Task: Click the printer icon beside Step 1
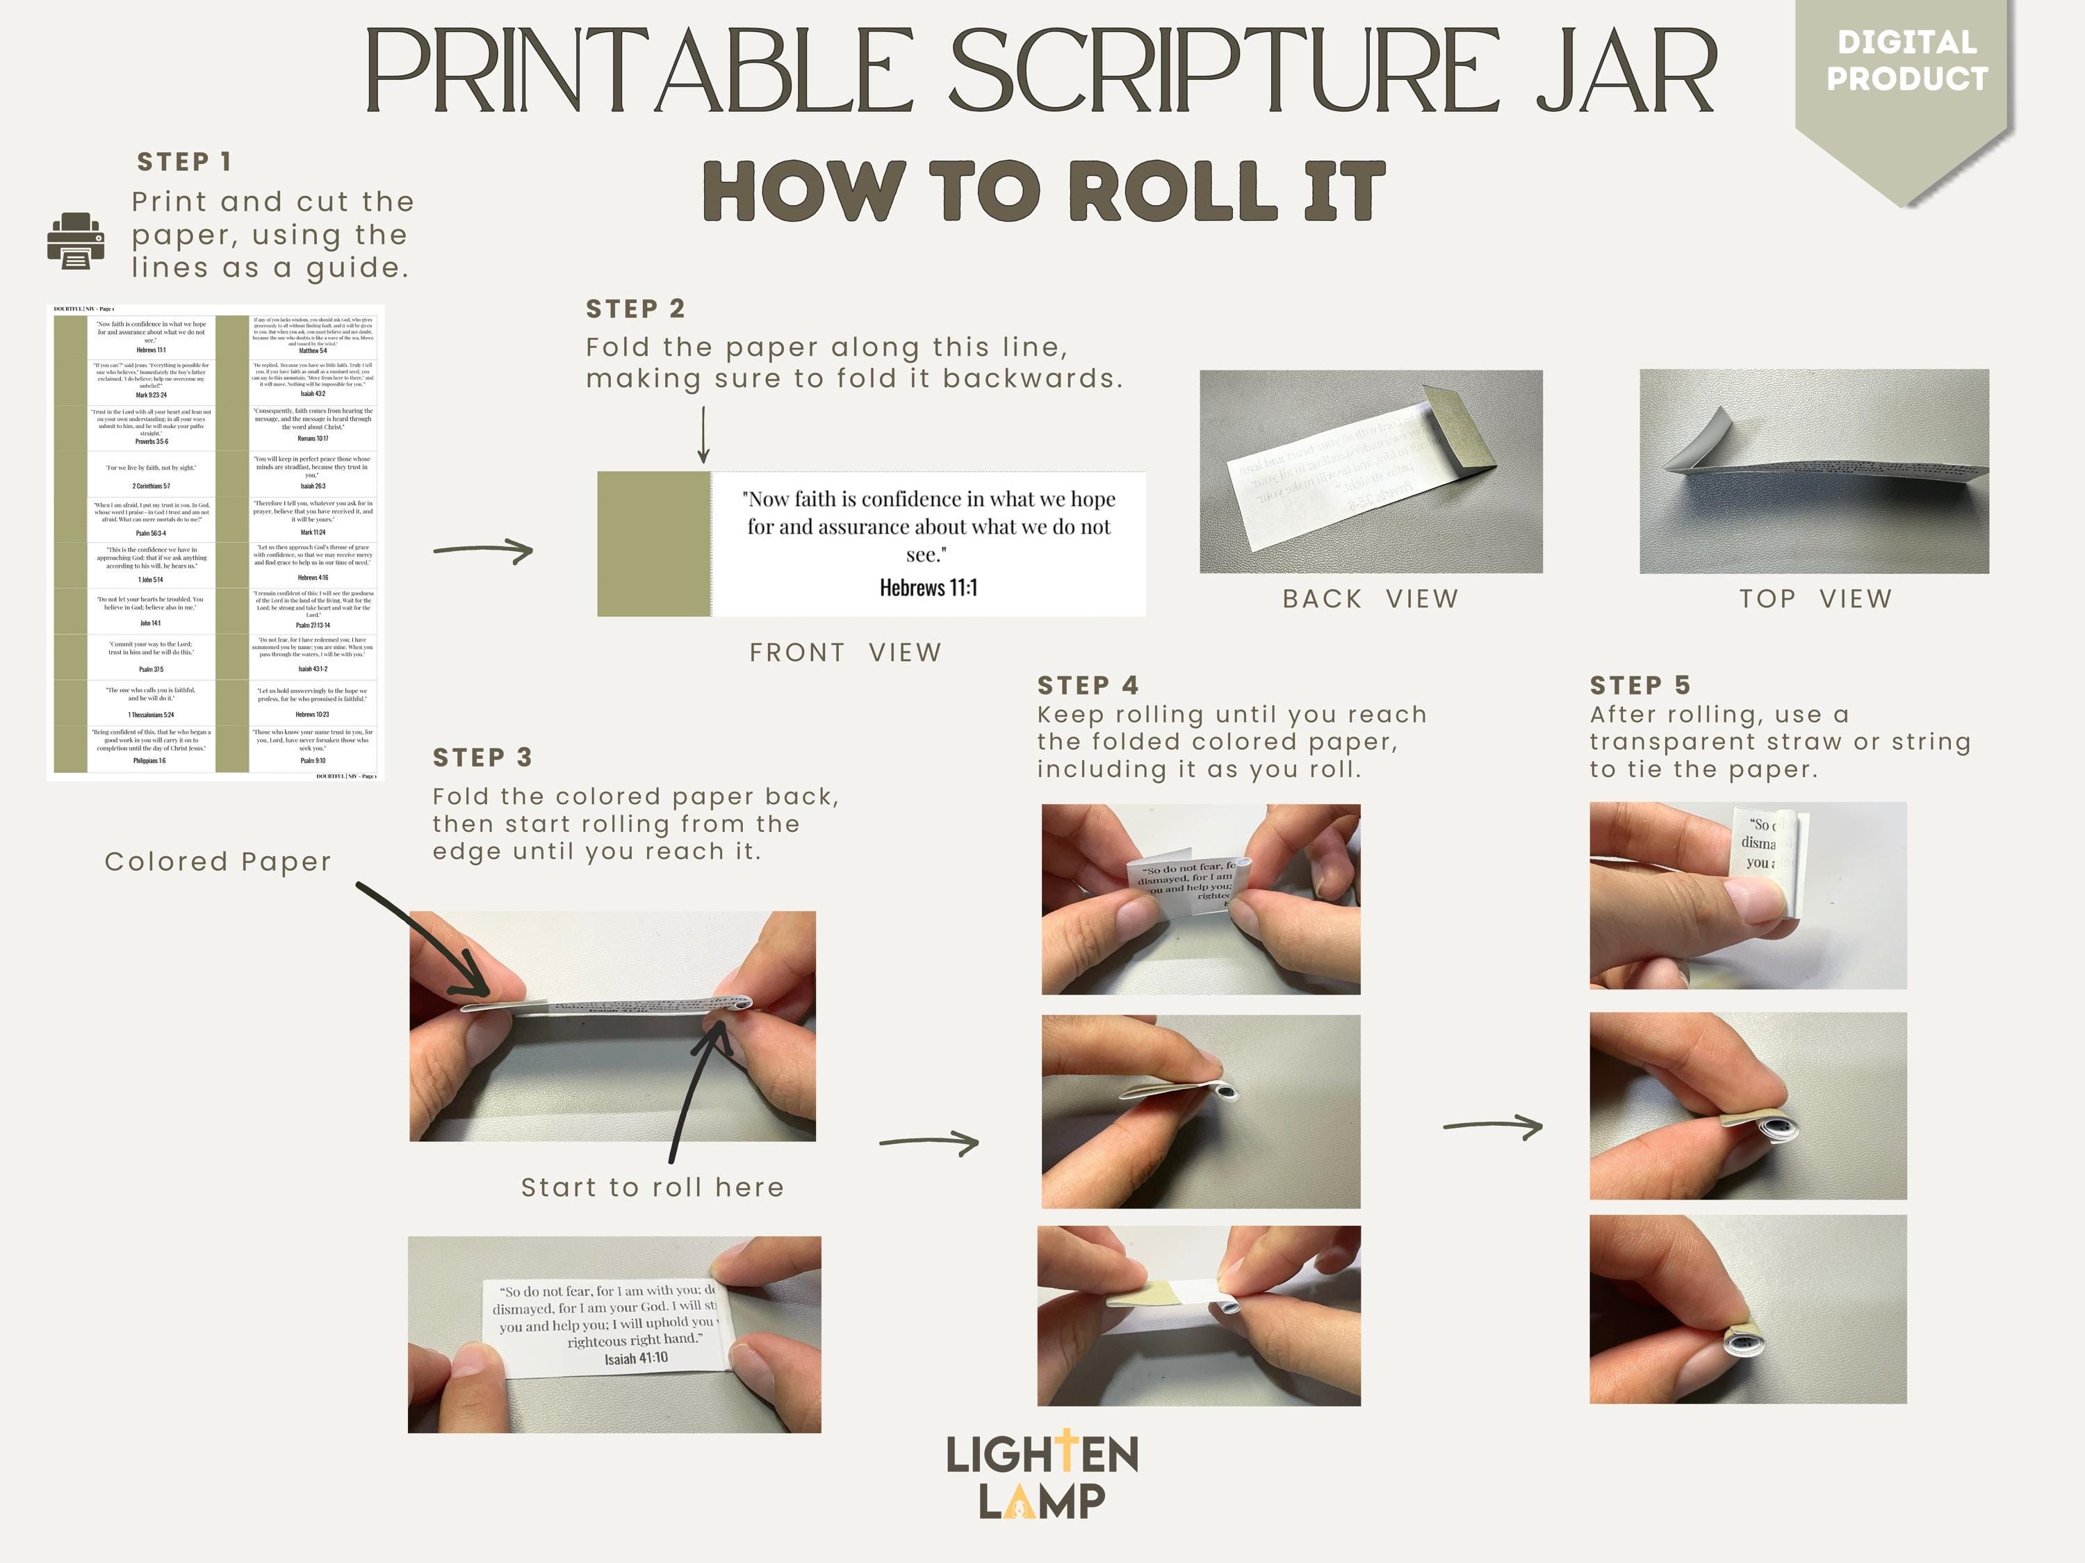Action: click(75, 240)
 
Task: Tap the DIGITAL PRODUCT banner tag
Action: click(1906, 61)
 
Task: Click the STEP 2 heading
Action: click(635, 309)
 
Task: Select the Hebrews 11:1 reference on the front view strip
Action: click(929, 587)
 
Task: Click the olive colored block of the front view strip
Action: click(653, 544)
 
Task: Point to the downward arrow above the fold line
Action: click(703, 436)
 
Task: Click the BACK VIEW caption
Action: click(1370, 598)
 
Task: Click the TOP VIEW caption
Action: click(1815, 598)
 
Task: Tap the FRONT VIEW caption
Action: click(846, 653)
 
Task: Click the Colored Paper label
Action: click(218, 862)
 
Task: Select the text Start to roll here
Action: click(653, 1187)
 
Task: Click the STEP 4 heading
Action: click(1088, 685)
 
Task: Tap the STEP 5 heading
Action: click(1640, 685)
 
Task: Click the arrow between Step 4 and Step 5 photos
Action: click(1493, 1126)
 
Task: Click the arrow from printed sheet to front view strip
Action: click(484, 550)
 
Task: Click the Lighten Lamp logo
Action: click(1042, 1476)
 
